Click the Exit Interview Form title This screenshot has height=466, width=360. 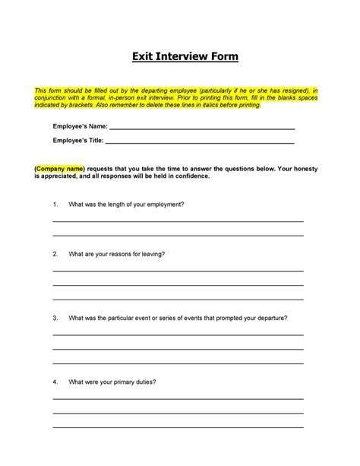(180, 57)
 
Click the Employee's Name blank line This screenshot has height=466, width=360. (201, 127)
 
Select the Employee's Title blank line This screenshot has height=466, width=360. (199, 142)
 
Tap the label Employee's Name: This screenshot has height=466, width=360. (80, 125)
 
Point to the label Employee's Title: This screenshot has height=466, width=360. (78, 141)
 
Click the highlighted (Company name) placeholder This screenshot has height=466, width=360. (59, 168)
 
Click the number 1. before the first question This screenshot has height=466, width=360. (55, 204)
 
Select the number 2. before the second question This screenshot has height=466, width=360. (55, 253)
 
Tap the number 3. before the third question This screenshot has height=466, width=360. (55, 318)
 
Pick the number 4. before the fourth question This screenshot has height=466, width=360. (55, 382)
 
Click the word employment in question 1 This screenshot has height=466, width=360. (166, 204)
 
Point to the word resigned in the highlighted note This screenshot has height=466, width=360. (295, 90)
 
